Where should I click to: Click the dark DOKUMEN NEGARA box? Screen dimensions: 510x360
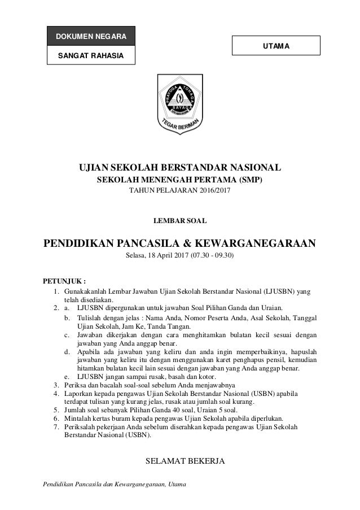coord(91,37)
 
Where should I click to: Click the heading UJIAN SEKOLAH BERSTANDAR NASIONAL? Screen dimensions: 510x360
coord(180,168)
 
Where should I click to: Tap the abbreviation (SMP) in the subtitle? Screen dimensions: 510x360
coord(250,180)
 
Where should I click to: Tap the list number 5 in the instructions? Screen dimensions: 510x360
coord(56,410)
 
